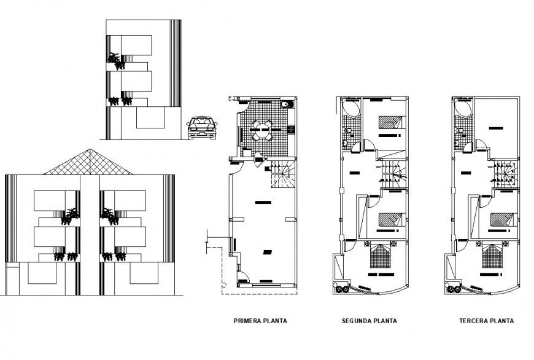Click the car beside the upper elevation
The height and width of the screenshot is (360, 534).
click(201, 127)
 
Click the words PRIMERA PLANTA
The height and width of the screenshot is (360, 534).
click(261, 321)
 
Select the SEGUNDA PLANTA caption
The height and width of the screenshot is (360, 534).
click(369, 321)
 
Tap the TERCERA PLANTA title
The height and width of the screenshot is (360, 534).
click(486, 321)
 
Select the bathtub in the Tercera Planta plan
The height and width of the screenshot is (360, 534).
click(463, 109)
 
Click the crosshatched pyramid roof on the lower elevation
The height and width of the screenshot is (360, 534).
click(90, 162)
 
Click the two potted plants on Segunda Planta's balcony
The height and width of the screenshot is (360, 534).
click(341, 288)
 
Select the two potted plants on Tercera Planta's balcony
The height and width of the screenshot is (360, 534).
click(454, 288)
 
